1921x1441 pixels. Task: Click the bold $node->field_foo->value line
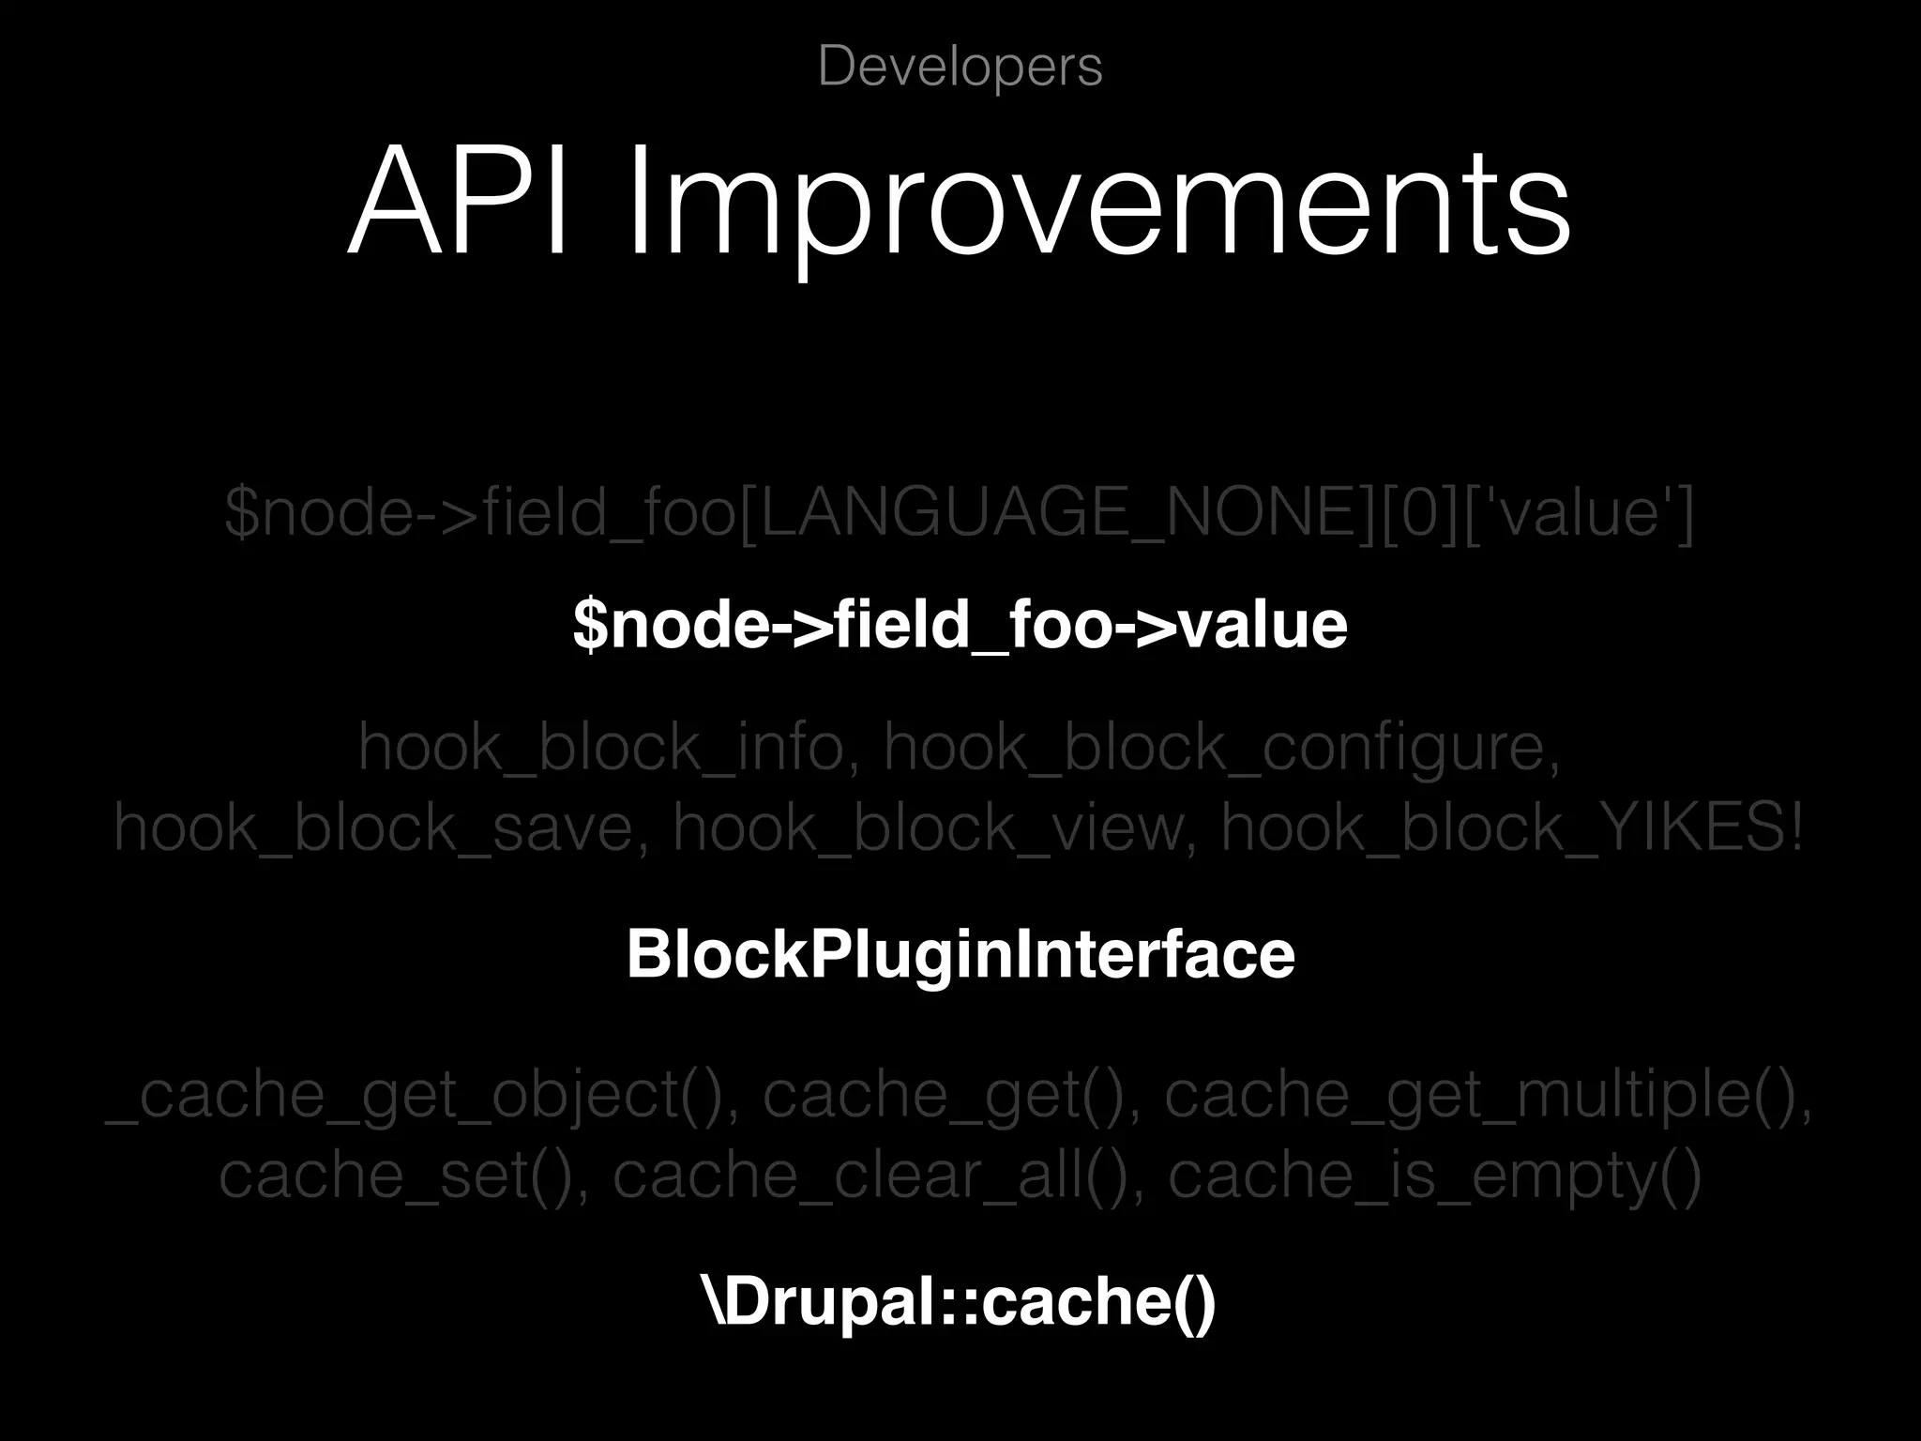tap(960, 625)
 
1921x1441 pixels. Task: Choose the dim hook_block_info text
tap(601, 749)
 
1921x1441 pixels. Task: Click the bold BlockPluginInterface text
tap(960, 955)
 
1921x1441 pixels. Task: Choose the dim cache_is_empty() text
tap(1434, 1176)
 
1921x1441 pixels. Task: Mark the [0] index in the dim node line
tap(1416, 514)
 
